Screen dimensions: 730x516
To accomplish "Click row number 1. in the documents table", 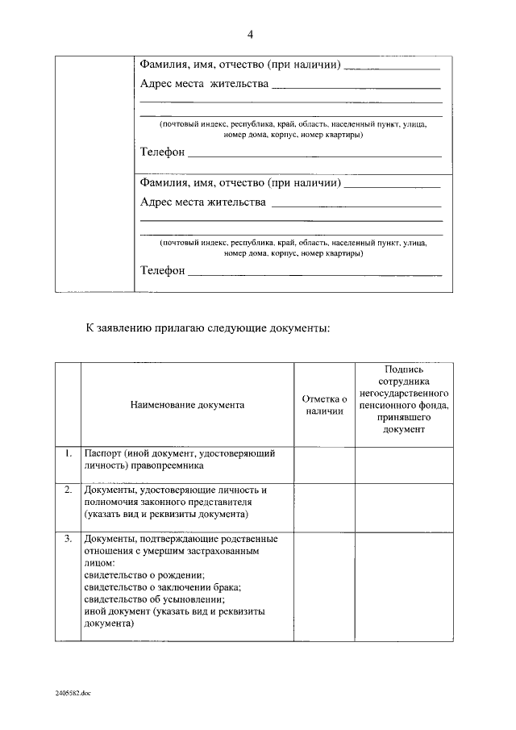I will [69, 453].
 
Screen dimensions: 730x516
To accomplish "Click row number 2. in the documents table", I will [69, 490].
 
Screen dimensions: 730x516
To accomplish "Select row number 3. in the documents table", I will [69, 538].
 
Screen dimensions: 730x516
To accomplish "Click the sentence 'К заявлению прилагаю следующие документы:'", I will [208, 328].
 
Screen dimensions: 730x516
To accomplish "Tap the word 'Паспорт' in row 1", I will [104, 453].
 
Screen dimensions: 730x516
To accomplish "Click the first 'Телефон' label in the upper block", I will [162, 152].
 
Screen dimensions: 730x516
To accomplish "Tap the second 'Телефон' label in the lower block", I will [162, 270].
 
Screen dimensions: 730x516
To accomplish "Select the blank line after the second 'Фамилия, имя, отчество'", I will [392, 186].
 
